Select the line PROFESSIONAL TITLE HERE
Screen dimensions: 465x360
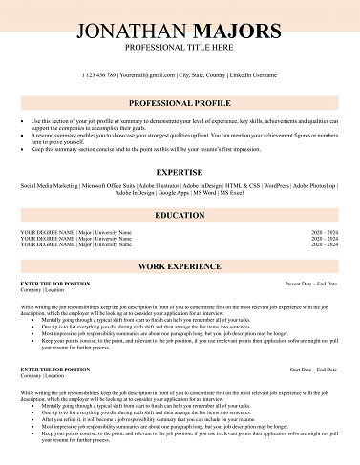(180, 47)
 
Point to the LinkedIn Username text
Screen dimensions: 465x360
(251, 74)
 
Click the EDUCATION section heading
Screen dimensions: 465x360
(180, 216)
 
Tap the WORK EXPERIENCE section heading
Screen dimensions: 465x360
(180, 265)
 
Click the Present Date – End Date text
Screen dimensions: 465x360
(311, 285)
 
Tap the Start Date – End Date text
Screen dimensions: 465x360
(313, 368)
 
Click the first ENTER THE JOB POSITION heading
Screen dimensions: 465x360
(55, 285)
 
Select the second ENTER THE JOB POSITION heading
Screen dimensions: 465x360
(55, 368)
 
